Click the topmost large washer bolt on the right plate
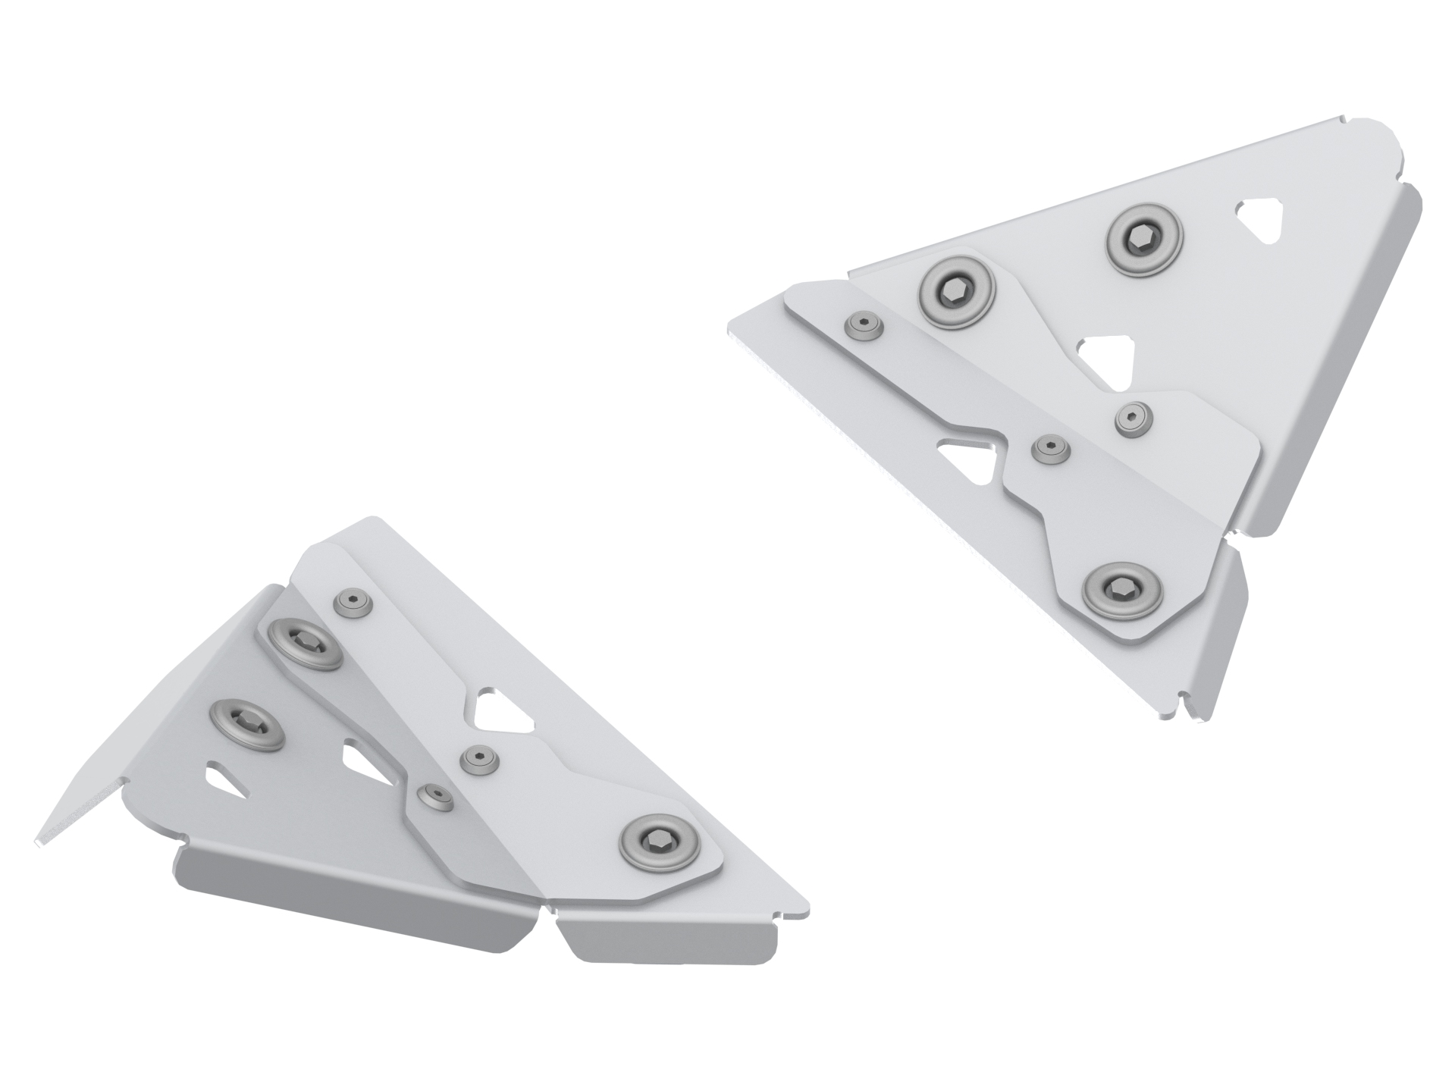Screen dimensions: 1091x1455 click(x=1144, y=240)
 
